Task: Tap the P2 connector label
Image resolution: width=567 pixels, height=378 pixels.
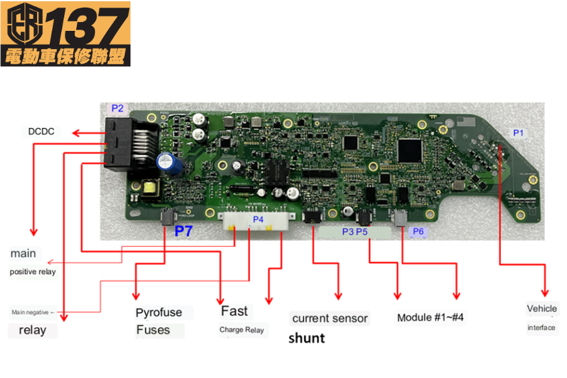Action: (x=117, y=108)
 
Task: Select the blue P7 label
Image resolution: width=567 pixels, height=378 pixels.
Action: (x=183, y=231)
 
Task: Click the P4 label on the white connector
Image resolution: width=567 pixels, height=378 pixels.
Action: (x=258, y=219)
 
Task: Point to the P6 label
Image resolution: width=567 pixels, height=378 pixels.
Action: (x=418, y=232)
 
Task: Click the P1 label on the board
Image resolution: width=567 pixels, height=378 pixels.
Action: (x=518, y=133)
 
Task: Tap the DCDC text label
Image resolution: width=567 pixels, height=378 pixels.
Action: (x=41, y=132)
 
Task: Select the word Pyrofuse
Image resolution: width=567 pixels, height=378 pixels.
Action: (x=159, y=312)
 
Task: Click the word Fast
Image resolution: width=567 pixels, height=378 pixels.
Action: (x=234, y=311)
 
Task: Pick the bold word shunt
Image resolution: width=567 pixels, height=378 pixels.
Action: (x=306, y=338)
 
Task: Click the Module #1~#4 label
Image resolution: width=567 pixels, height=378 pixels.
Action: (x=430, y=318)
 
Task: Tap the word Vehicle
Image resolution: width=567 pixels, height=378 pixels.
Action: (x=542, y=309)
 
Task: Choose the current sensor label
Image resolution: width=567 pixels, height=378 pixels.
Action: (x=329, y=319)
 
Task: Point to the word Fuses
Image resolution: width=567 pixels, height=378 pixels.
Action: (x=153, y=330)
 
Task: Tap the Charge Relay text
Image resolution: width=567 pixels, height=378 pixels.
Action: (x=241, y=329)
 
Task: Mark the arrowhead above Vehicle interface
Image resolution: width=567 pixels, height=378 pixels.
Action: (x=545, y=293)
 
